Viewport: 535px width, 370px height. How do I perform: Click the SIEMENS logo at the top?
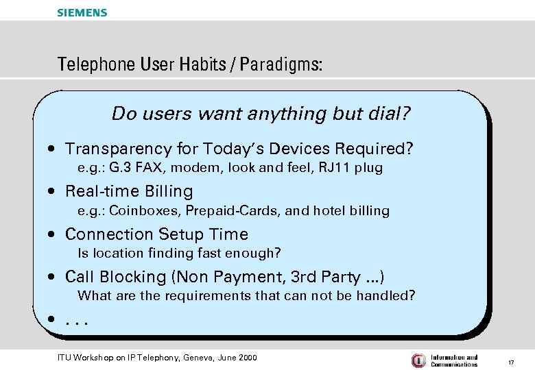coord(82,12)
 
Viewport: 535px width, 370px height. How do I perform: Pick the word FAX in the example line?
coord(151,168)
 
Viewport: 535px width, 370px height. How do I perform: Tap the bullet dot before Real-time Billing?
coord(53,192)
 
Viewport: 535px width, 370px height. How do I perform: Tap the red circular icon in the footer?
coord(418,360)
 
